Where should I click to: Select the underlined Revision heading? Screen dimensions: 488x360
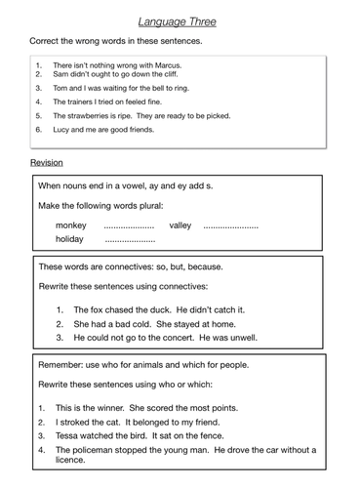(46, 162)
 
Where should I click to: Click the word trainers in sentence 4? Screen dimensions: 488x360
(85, 101)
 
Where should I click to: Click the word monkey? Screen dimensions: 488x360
(70, 225)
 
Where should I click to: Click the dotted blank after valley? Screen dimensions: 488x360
(231, 225)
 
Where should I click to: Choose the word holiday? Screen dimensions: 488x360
(69, 238)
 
